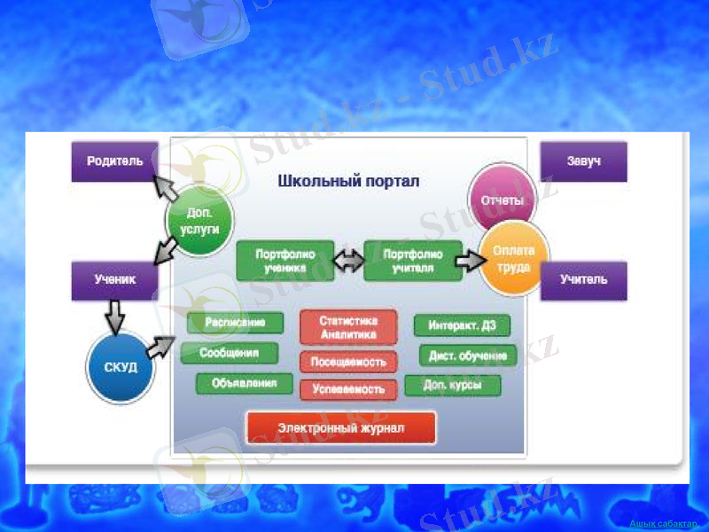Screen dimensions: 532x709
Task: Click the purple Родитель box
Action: click(x=114, y=162)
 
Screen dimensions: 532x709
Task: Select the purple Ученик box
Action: click(x=114, y=279)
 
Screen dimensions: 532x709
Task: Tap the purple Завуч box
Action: click(x=583, y=162)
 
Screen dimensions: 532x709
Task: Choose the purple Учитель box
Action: click(x=583, y=279)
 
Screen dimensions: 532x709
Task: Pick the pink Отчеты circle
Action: click(x=502, y=199)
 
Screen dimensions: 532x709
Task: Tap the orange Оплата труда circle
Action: click(x=513, y=258)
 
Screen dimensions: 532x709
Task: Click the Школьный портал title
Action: click(x=348, y=181)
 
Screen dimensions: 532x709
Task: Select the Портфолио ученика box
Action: click(x=285, y=260)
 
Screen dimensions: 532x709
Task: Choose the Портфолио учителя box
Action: click(x=413, y=260)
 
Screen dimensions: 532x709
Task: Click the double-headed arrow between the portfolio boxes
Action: click(x=349, y=260)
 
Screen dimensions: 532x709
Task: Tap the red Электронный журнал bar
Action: click(x=340, y=427)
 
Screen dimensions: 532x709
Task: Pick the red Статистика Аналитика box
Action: click(x=347, y=328)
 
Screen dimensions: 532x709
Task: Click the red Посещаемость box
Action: click(x=347, y=362)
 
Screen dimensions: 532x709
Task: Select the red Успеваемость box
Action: click(x=347, y=389)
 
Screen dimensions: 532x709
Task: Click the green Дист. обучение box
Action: click(x=467, y=356)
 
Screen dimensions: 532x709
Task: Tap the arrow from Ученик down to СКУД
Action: click(x=114, y=316)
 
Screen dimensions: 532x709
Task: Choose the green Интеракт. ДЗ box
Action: click(x=462, y=325)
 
